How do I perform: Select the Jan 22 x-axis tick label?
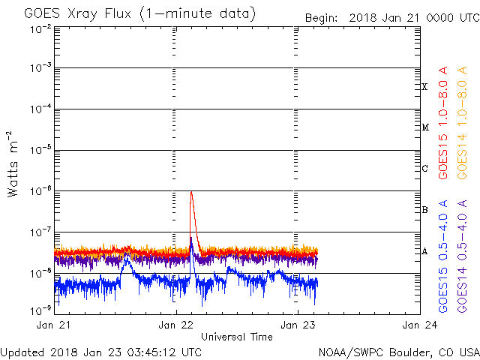pyautogui.click(x=176, y=325)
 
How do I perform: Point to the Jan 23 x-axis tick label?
pyautogui.click(x=296, y=325)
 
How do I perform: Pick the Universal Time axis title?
pyautogui.click(x=236, y=337)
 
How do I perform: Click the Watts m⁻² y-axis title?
pyautogui.click(x=13, y=165)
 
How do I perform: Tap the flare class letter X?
pyautogui.click(x=424, y=87)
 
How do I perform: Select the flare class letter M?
pyautogui.click(x=424, y=127)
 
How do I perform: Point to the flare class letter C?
pyautogui.click(x=424, y=169)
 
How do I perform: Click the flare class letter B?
pyautogui.click(x=424, y=210)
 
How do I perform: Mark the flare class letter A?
pyautogui.click(x=424, y=251)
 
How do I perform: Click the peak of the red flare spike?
pyautogui.click(x=191, y=192)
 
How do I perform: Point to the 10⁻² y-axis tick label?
pyautogui.click(x=41, y=28)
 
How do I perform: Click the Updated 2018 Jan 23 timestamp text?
pyautogui.click(x=101, y=352)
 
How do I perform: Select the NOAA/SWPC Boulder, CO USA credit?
pyautogui.click(x=398, y=352)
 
